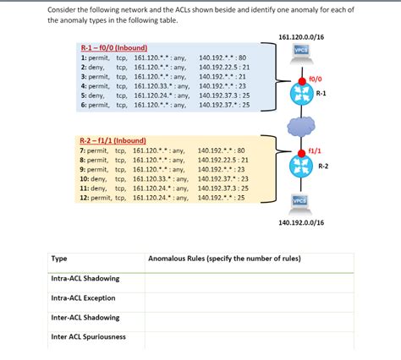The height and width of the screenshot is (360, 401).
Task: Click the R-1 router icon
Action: click(301, 94)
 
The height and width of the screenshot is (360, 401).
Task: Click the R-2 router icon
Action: click(301, 166)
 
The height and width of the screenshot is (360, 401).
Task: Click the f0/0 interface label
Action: click(315, 79)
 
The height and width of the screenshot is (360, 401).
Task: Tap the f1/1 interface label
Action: click(314, 150)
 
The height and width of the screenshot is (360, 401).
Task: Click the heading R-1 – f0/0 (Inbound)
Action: click(115, 48)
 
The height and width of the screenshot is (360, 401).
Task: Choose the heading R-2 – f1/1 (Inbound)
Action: click(113, 139)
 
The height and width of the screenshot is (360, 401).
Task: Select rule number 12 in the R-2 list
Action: click(84, 198)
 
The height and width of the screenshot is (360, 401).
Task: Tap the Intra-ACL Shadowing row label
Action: click(85, 278)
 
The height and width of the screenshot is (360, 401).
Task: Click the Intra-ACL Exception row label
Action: click(83, 297)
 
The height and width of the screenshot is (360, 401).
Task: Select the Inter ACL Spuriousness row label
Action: click(88, 336)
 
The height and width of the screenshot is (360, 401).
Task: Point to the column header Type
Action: click(59, 258)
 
